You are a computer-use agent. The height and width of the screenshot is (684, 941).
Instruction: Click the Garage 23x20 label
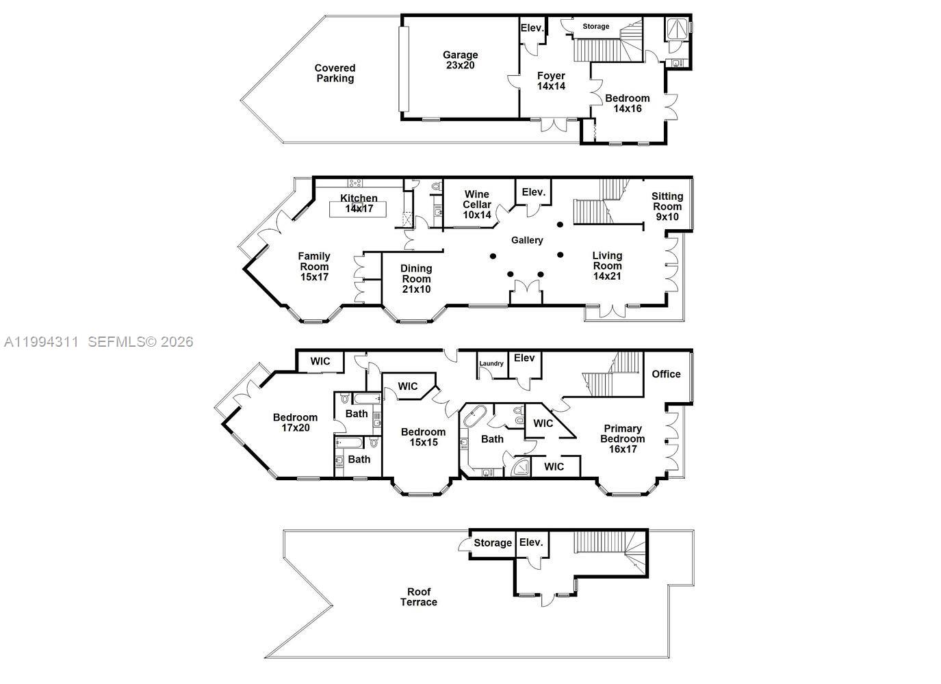[x=460, y=60]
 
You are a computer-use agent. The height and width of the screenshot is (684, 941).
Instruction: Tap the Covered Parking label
[x=335, y=73]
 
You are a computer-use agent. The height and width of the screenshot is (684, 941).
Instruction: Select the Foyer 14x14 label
[x=551, y=81]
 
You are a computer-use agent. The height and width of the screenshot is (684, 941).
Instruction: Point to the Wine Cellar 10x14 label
[x=477, y=204]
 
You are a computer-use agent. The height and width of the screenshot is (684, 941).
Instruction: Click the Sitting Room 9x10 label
[x=667, y=206]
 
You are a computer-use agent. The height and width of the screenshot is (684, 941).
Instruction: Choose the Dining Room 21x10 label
[x=416, y=278]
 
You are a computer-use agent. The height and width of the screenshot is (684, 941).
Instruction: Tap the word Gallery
[x=527, y=240]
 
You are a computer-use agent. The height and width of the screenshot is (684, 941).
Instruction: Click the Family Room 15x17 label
[x=314, y=267]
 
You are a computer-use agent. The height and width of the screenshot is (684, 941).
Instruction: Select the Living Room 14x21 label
[x=607, y=265]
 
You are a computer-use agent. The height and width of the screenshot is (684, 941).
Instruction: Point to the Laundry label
[x=491, y=363]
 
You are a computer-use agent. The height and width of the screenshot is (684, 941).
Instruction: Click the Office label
[x=666, y=373]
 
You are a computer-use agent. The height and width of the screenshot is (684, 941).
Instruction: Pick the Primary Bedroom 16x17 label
[x=623, y=438]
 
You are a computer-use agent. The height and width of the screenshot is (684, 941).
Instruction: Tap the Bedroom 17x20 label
[x=295, y=422]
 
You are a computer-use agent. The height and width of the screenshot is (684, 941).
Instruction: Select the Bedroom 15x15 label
[x=423, y=436]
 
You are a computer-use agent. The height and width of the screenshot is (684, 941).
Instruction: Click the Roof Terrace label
[x=419, y=596]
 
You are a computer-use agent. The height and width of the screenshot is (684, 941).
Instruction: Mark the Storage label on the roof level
[x=493, y=542]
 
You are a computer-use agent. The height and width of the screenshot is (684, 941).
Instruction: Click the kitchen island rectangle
[x=358, y=209]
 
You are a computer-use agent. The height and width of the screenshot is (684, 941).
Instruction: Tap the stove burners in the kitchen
[x=355, y=183]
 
